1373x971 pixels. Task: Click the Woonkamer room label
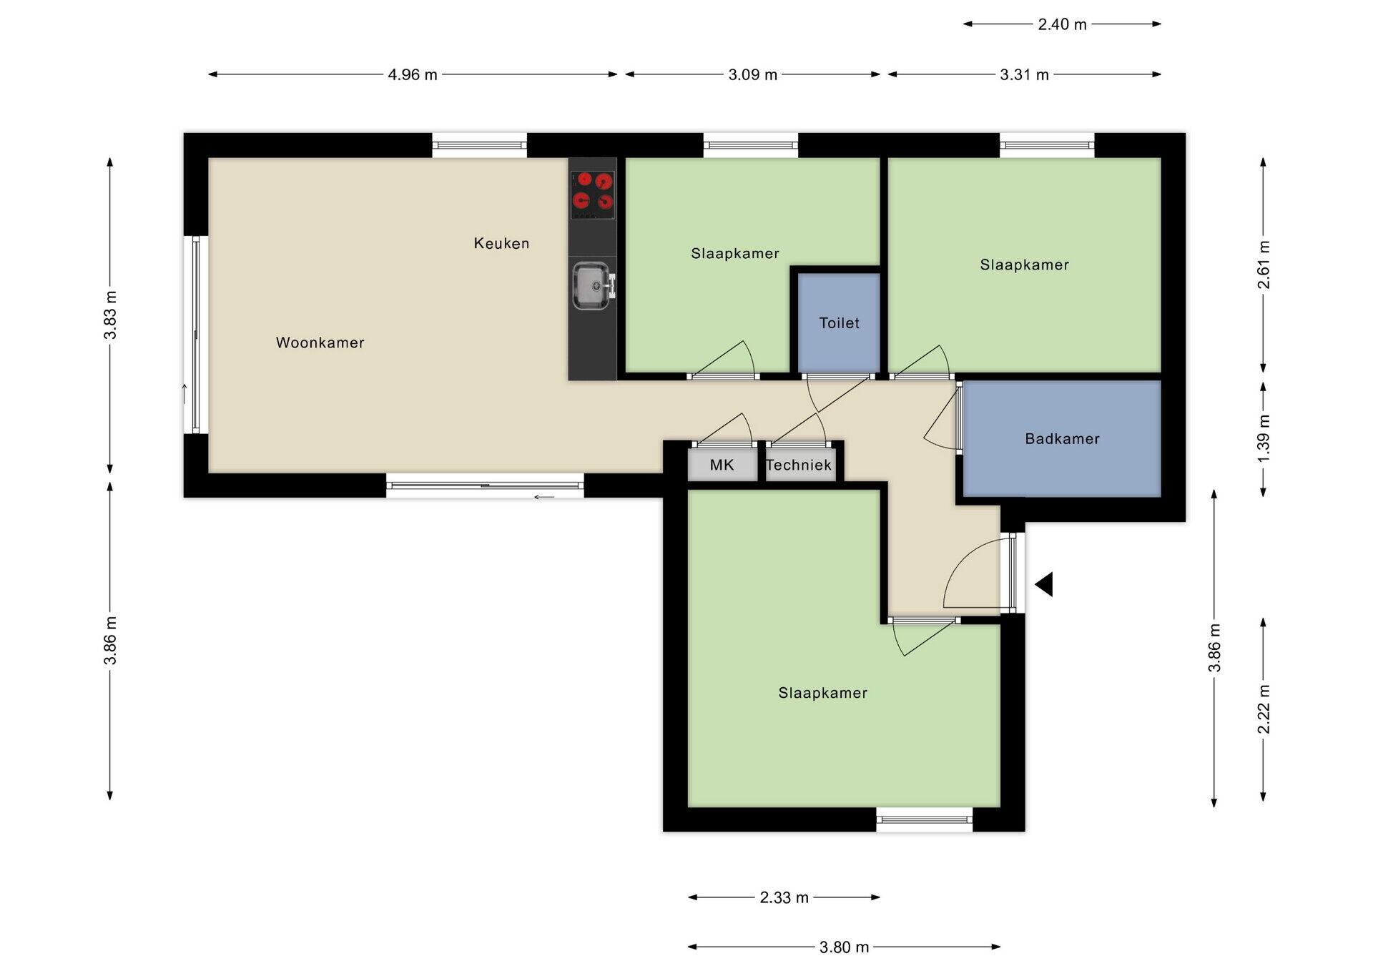[x=320, y=342]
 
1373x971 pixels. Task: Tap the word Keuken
[x=501, y=243]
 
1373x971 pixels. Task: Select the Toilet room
[x=839, y=322]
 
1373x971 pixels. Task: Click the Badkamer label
[x=1062, y=438]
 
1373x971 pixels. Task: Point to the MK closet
[x=722, y=465]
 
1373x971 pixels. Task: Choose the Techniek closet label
[x=799, y=465]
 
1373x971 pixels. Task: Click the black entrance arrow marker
[x=1044, y=584]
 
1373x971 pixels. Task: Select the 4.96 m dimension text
[x=413, y=74]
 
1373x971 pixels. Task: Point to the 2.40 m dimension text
[x=1062, y=24]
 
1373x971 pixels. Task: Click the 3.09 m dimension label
[x=752, y=74]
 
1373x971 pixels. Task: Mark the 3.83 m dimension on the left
[x=110, y=315]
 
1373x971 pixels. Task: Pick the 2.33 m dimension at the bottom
[x=784, y=897]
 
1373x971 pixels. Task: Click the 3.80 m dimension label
[x=844, y=947]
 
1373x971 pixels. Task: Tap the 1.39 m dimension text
[x=1264, y=438]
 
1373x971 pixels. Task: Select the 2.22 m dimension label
[x=1264, y=709]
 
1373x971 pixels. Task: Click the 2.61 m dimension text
[x=1264, y=265]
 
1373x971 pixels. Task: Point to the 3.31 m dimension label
[x=1024, y=74]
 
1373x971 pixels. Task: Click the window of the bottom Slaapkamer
[x=925, y=819]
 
